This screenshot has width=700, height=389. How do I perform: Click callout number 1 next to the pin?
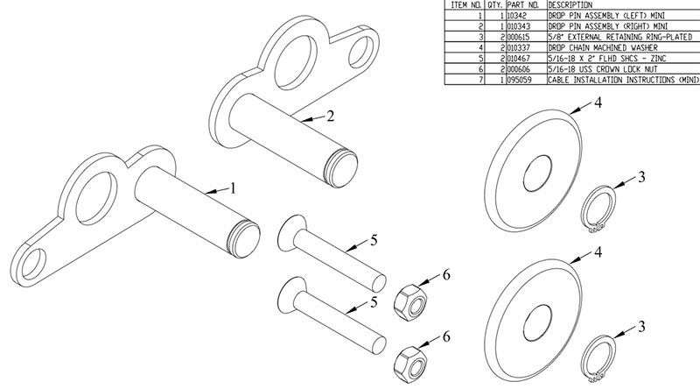233,187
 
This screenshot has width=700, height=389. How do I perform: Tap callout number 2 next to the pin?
331,115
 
